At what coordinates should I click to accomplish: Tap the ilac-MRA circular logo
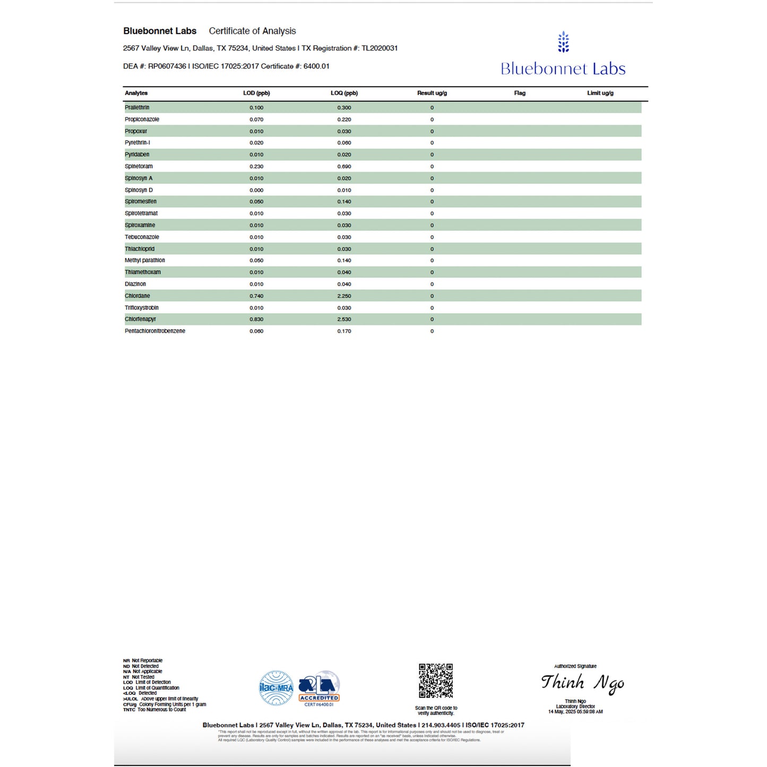coord(276,687)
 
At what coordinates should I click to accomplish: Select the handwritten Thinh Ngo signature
coord(582,683)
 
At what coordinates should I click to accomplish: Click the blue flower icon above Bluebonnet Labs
coord(563,42)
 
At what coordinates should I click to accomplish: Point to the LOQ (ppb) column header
coord(344,93)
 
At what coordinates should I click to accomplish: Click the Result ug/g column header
coord(432,93)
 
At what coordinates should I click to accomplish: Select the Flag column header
coord(520,93)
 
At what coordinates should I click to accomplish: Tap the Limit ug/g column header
coord(600,93)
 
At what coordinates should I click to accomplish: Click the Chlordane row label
coord(137,296)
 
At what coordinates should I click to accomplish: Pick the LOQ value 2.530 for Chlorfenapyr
coord(344,319)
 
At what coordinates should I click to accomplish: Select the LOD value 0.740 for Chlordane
coord(256,296)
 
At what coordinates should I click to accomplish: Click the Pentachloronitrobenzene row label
coord(155,331)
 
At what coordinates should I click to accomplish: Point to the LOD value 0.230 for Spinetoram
coord(256,166)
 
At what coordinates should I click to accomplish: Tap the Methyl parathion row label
coord(145,260)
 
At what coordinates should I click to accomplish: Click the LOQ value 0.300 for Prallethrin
coord(344,107)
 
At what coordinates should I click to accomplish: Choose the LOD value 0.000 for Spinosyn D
coord(256,190)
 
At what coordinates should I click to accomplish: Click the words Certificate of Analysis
coord(252,31)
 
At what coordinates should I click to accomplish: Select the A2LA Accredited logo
coord(319,688)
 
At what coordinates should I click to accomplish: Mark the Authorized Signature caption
coord(575,666)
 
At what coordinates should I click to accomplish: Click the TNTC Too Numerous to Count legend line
coord(154,710)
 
